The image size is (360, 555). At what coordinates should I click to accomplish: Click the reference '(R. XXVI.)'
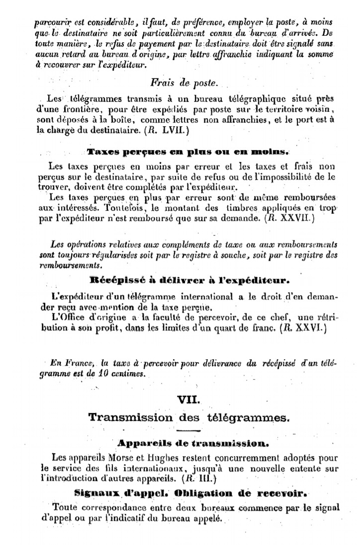303,328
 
